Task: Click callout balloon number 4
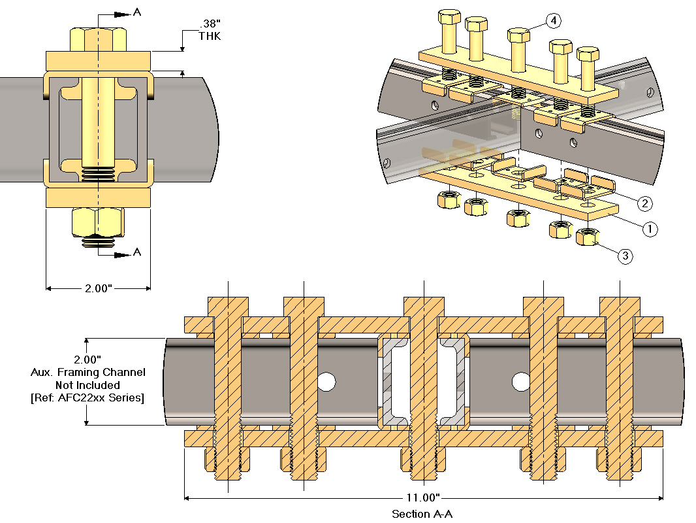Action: tap(554, 21)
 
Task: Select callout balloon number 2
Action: tap(644, 203)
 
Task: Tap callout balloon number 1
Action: tap(650, 229)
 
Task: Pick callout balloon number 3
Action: tap(625, 256)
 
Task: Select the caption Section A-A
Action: tap(422, 514)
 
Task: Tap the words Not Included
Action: tap(87, 385)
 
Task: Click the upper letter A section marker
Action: tap(136, 12)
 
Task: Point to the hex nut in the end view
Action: tap(98, 222)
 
